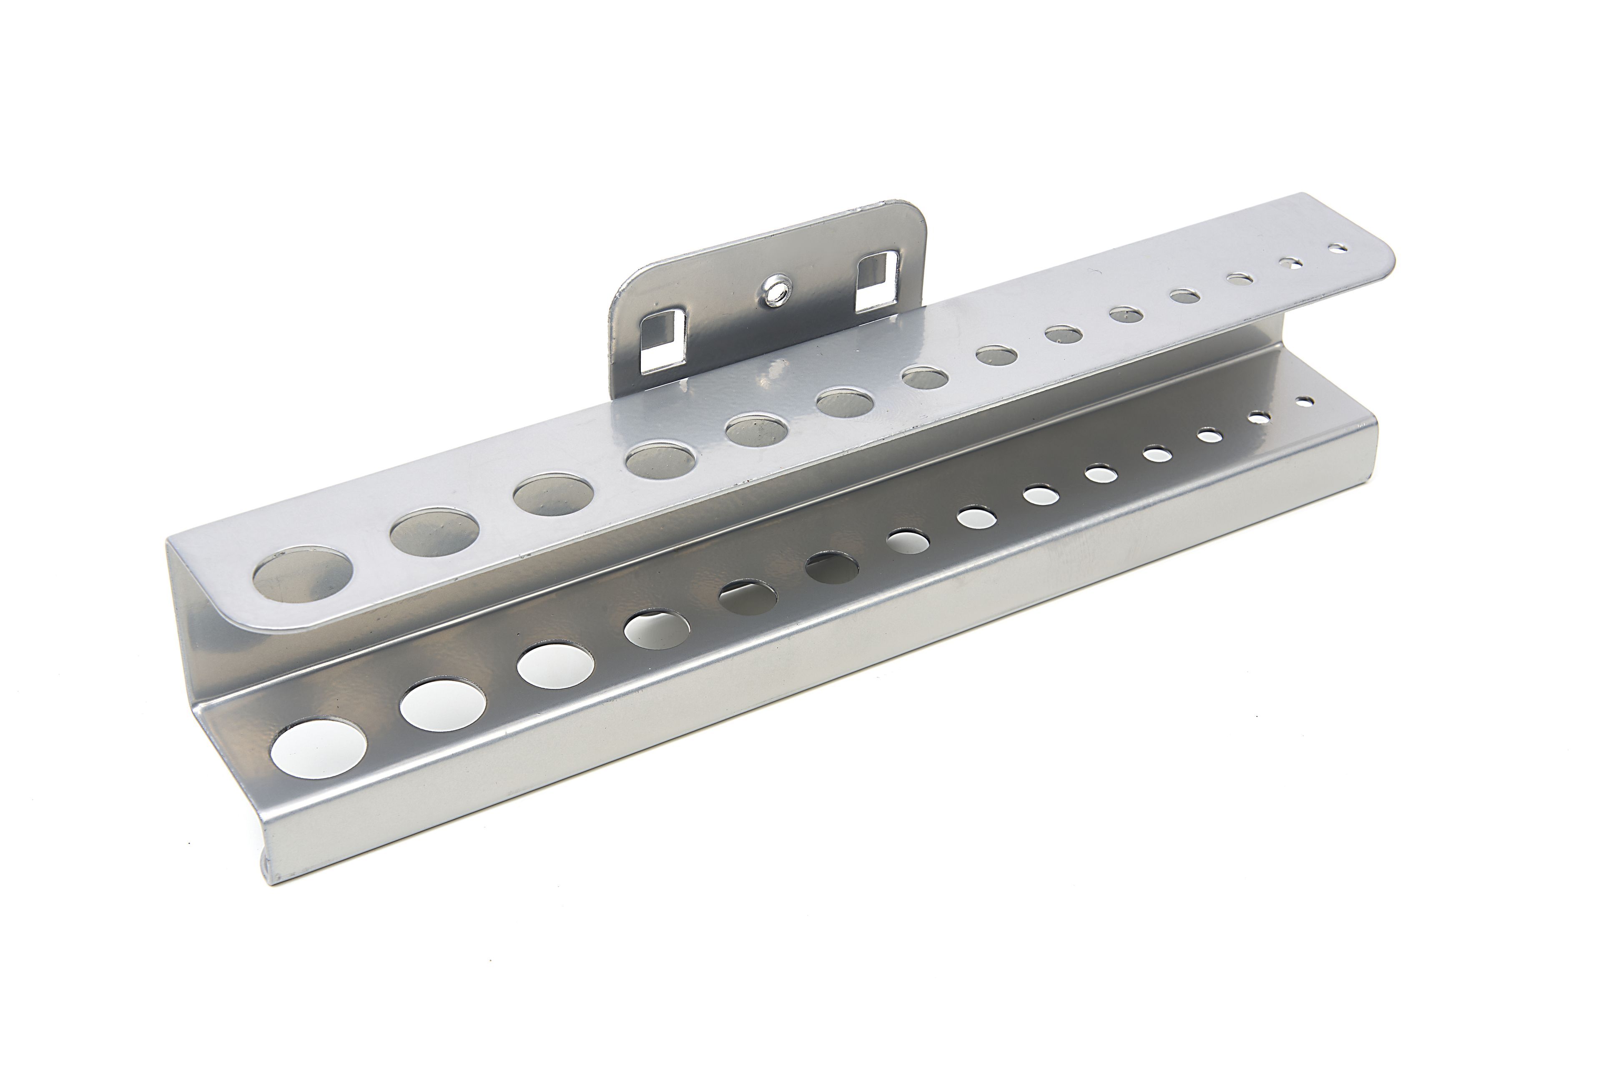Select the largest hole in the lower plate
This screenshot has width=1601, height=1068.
[x=318, y=747]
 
